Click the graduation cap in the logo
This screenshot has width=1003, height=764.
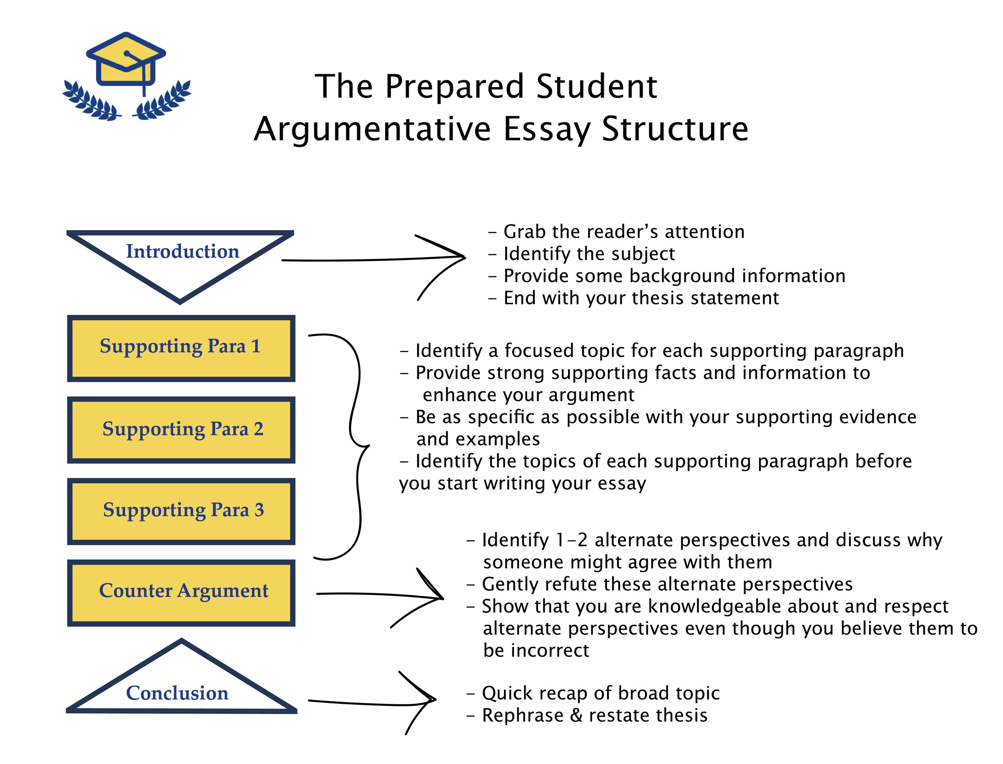coord(126,59)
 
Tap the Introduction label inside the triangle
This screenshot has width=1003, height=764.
coord(183,251)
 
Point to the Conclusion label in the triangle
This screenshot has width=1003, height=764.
coord(177,693)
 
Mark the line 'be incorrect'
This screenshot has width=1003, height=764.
coord(536,651)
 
